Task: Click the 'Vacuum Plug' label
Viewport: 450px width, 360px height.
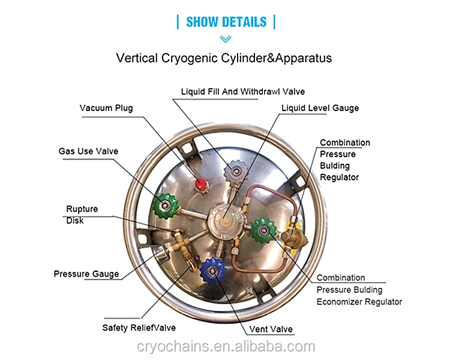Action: click(x=106, y=108)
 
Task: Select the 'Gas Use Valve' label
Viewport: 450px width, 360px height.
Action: click(x=88, y=151)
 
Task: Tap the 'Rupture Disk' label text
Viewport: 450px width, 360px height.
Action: click(x=82, y=215)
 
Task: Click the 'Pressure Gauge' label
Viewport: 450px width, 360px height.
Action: click(x=86, y=274)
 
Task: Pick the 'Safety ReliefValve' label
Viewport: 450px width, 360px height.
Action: click(x=139, y=328)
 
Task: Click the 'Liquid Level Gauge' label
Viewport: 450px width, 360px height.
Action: click(x=320, y=108)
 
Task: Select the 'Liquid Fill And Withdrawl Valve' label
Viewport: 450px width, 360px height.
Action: click(x=243, y=92)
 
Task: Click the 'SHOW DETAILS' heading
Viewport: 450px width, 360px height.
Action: click(x=226, y=22)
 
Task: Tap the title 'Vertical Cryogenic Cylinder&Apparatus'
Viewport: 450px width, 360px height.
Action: click(x=224, y=58)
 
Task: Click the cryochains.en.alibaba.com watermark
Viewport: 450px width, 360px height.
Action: click(x=225, y=347)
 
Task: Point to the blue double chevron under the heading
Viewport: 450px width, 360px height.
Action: click(x=226, y=39)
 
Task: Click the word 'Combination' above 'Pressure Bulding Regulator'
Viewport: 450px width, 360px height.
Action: click(x=345, y=143)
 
